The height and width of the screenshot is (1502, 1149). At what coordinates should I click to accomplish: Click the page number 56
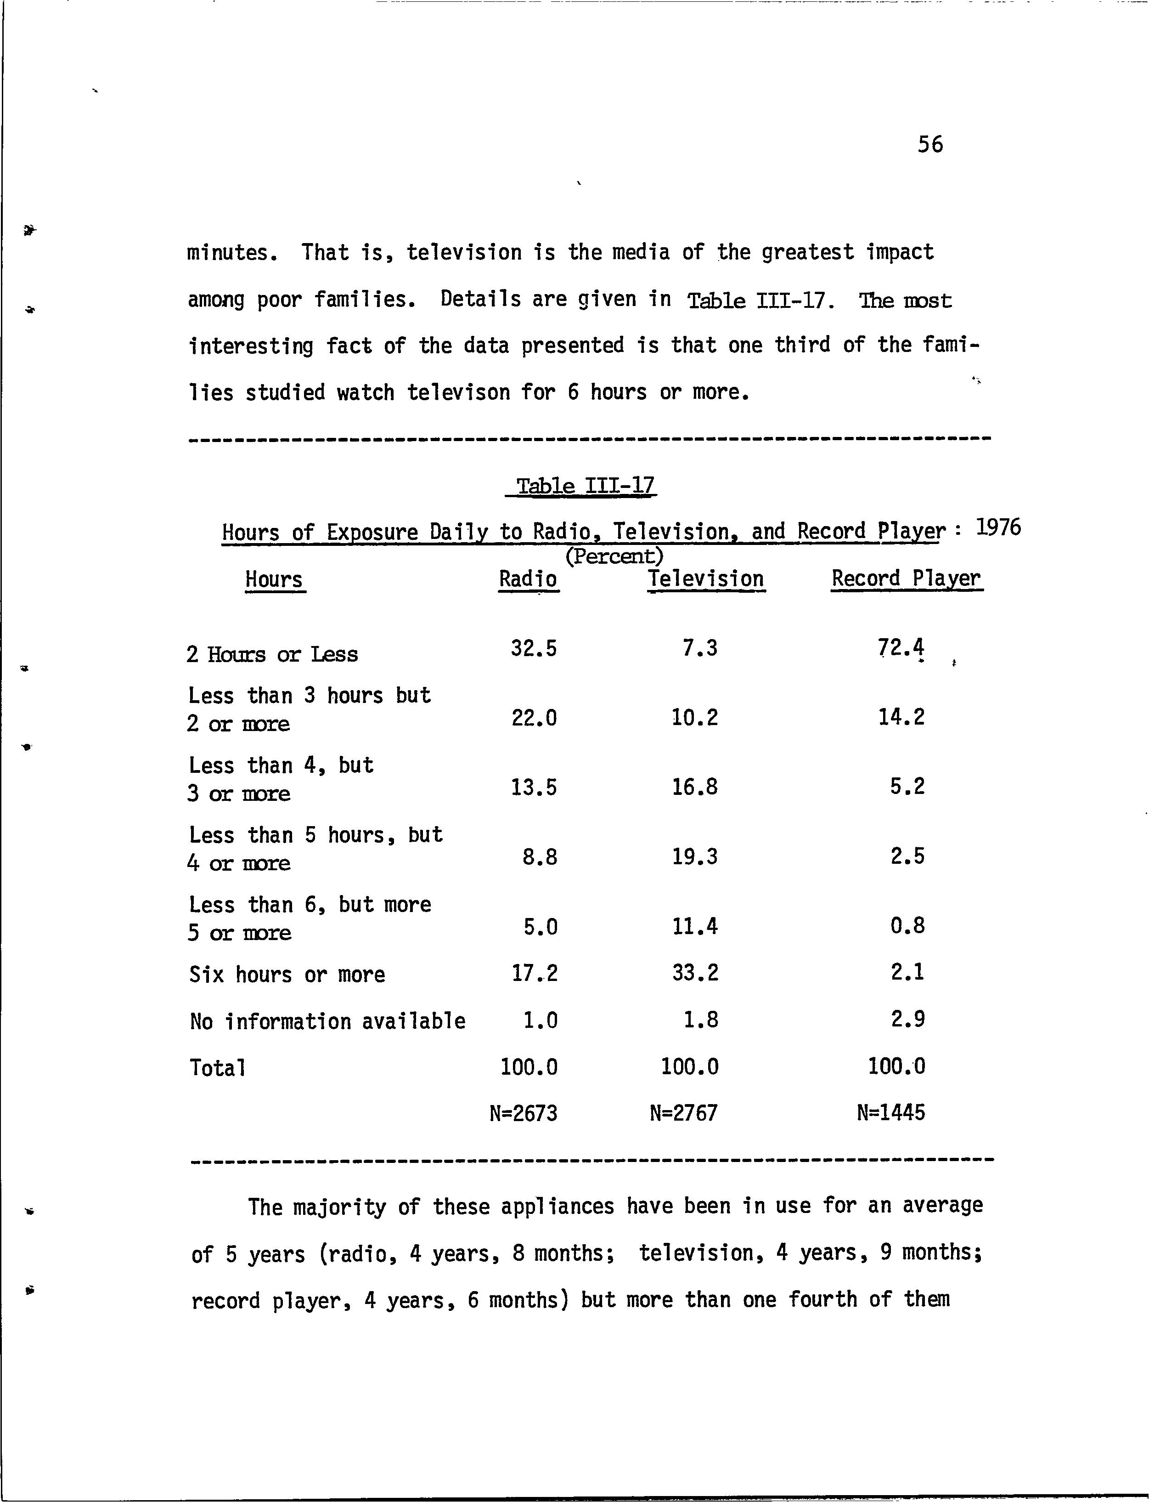[x=930, y=144]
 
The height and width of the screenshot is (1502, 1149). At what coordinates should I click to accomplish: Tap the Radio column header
[x=528, y=579]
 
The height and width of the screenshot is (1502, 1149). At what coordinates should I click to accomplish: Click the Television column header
[x=706, y=579]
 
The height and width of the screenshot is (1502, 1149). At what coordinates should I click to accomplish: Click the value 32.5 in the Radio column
[x=534, y=648]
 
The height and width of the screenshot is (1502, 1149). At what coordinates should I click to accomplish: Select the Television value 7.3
[x=700, y=647]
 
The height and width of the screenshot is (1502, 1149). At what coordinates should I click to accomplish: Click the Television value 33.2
[x=696, y=972]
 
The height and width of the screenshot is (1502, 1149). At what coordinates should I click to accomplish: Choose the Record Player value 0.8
[x=907, y=926]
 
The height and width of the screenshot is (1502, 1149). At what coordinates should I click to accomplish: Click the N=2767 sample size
[x=683, y=1113]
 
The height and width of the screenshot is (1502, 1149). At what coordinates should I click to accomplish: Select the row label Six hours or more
[x=287, y=975]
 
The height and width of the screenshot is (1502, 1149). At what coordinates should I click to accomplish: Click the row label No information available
[x=327, y=1022]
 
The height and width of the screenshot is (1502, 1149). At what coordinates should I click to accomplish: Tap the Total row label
[x=218, y=1068]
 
